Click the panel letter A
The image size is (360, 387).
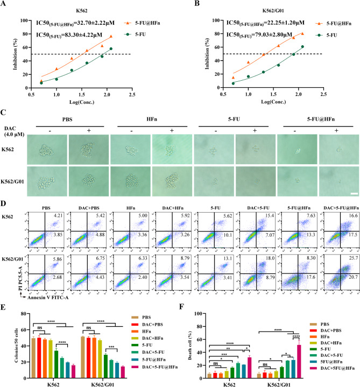tap(6, 5)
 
